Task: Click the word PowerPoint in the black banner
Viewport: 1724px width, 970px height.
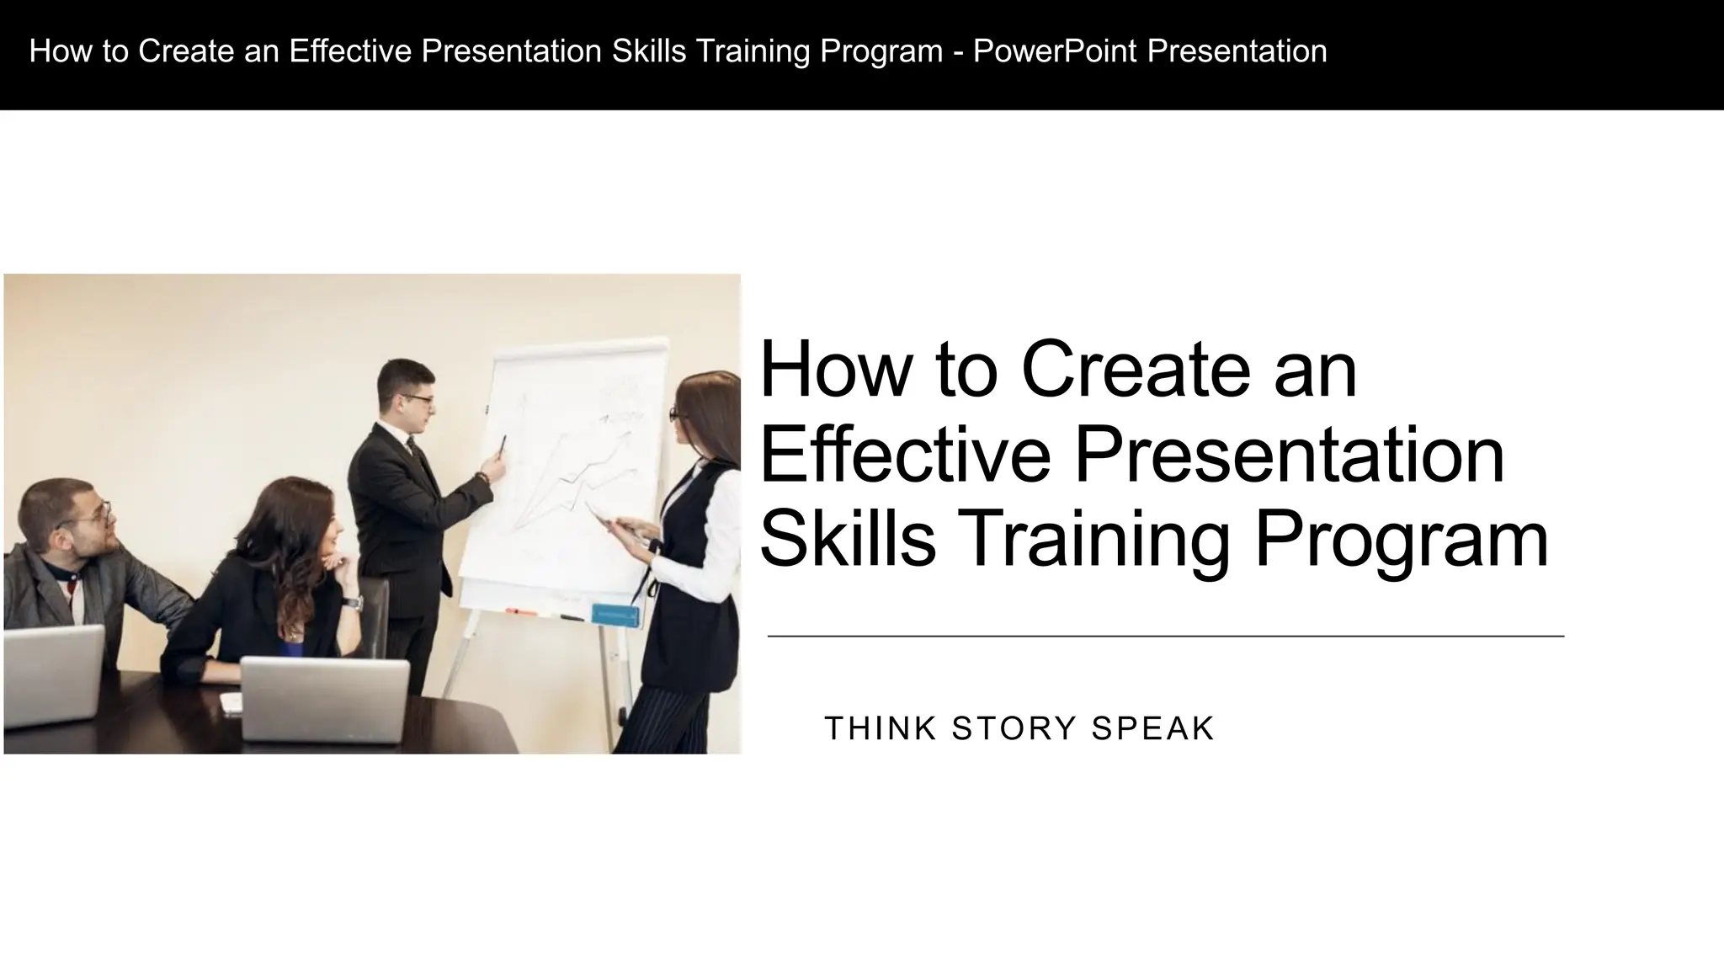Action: [1055, 51]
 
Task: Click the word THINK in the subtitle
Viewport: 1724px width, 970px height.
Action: [881, 729]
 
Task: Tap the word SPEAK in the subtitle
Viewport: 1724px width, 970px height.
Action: [1153, 729]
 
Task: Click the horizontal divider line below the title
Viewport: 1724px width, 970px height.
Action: [1166, 637]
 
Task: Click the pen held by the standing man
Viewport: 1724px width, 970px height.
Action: [503, 445]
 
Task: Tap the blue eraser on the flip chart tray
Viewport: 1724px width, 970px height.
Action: [615, 615]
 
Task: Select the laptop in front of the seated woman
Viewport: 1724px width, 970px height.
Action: [325, 699]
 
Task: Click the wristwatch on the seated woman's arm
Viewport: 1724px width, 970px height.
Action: [353, 602]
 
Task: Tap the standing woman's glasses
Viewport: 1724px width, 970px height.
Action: [674, 414]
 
